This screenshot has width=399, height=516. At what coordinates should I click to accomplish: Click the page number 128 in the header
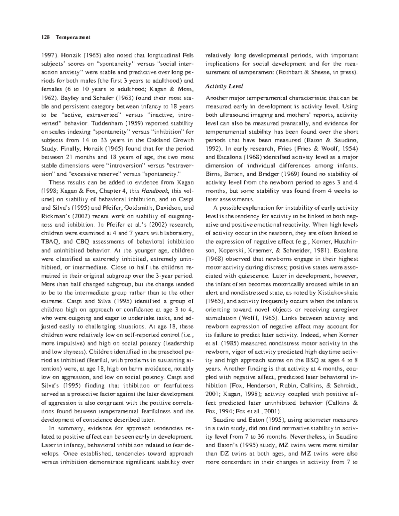coord(45,37)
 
